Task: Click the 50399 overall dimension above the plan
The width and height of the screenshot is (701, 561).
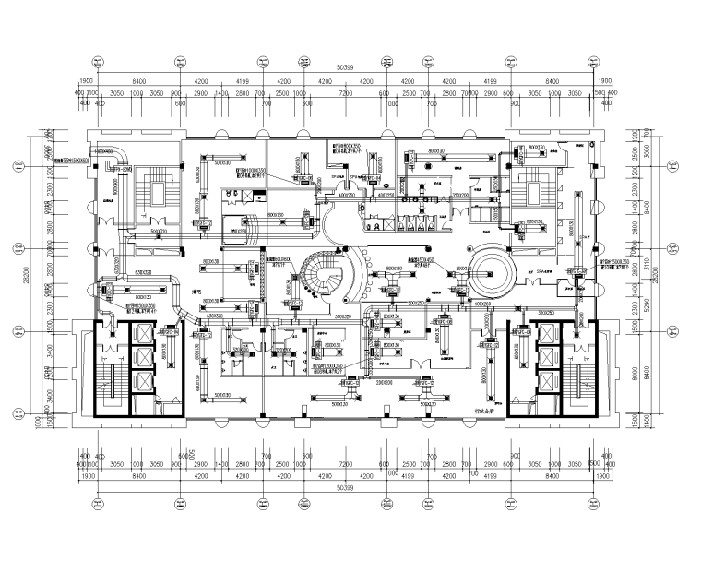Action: pyautogui.click(x=348, y=67)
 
